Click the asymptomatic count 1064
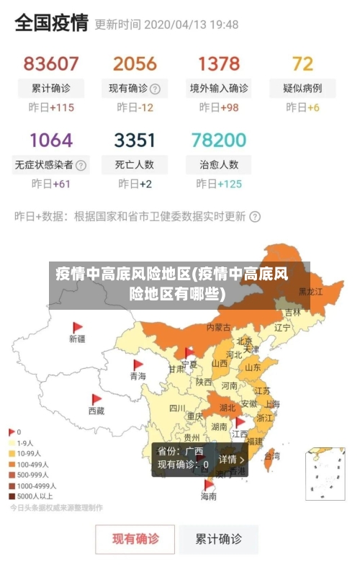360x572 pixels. (x=51, y=139)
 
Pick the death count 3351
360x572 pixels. (x=135, y=139)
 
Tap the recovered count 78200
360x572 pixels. (x=219, y=139)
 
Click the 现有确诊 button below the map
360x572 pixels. (x=135, y=539)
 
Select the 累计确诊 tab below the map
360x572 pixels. (x=219, y=539)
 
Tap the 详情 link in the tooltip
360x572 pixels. (x=231, y=459)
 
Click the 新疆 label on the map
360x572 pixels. (x=77, y=338)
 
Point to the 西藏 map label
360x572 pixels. (x=96, y=411)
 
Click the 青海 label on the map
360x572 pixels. (x=138, y=376)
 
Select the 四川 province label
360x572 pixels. (x=177, y=408)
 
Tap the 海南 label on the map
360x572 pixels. (x=208, y=496)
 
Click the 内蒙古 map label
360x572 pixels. (x=219, y=327)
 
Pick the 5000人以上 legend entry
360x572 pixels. (x=33, y=496)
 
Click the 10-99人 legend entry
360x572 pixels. (x=29, y=454)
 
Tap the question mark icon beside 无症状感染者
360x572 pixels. (x=81, y=165)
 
